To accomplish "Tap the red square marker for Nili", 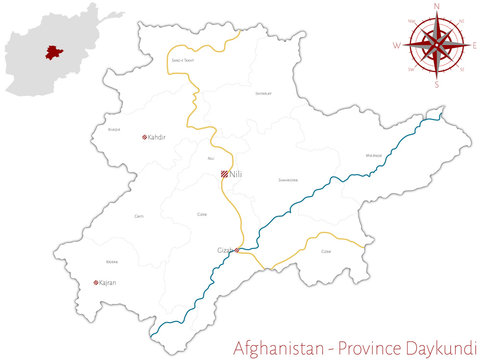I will (225, 174).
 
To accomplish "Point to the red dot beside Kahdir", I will (145, 136).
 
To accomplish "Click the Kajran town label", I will (108, 282).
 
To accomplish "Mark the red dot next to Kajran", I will (96, 282).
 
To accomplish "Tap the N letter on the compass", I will (436, 6).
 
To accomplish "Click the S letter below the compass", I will (436, 85).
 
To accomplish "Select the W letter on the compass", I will (396, 46).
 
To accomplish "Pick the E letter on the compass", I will (474, 45).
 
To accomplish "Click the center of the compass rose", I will (436, 45).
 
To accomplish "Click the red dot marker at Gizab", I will (236, 249).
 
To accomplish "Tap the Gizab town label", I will (224, 249).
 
